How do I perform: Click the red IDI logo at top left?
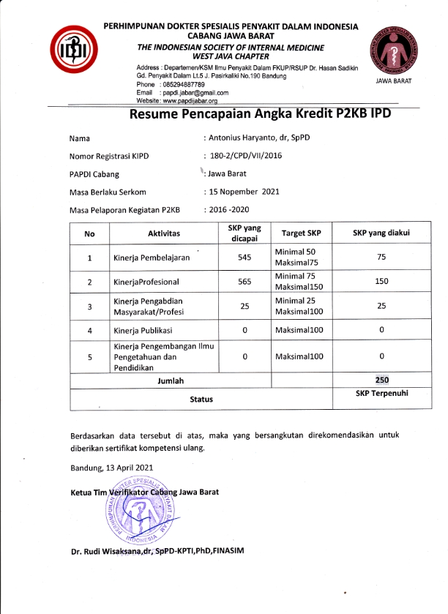(x=68, y=49)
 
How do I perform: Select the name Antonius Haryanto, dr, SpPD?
(x=252, y=138)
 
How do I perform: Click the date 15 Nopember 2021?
(x=242, y=192)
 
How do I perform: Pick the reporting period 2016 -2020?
(x=228, y=210)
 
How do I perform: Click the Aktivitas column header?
(x=165, y=233)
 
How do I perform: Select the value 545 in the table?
(x=244, y=258)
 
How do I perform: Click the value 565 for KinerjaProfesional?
(x=244, y=282)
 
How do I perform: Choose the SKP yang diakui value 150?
(x=381, y=282)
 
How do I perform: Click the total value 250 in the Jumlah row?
(x=381, y=380)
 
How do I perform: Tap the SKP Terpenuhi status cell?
(x=381, y=394)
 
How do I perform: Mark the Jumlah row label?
(x=171, y=381)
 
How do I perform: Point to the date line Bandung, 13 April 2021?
(x=112, y=468)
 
